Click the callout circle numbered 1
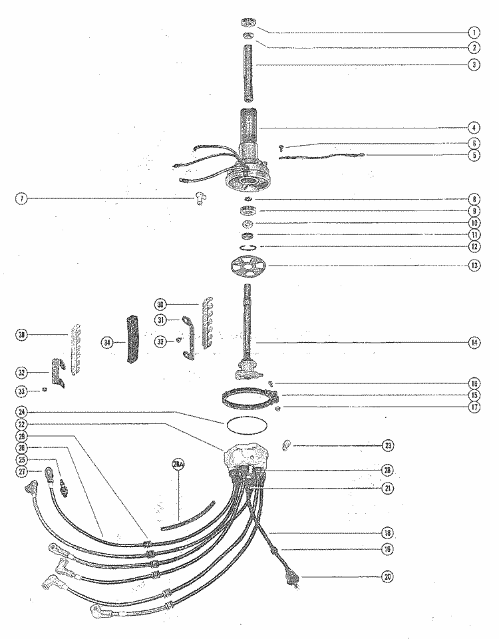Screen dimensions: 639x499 coord(474,32)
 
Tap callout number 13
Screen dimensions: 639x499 coord(474,265)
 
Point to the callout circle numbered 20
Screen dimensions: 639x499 coord(387,577)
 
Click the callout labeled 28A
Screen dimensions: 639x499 coord(179,465)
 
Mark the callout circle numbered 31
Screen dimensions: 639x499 coord(162,319)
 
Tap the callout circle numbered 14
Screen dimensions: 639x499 coord(474,343)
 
